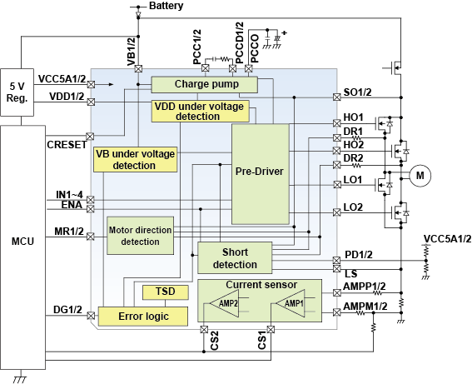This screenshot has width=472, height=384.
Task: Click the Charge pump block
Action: [x=205, y=84]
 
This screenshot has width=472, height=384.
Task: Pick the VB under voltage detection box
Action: [x=136, y=160]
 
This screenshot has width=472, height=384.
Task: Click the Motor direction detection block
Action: [x=140, y=236]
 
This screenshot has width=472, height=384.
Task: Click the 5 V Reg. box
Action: [x=17, y=92]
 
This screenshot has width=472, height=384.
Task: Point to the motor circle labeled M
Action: [x=420, y=175]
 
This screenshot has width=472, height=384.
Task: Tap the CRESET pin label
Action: [x=67, y=144]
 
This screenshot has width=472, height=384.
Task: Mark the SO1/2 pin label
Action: [x=360, y=92]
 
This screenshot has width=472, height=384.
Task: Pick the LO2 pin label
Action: [x=353, y=207]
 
